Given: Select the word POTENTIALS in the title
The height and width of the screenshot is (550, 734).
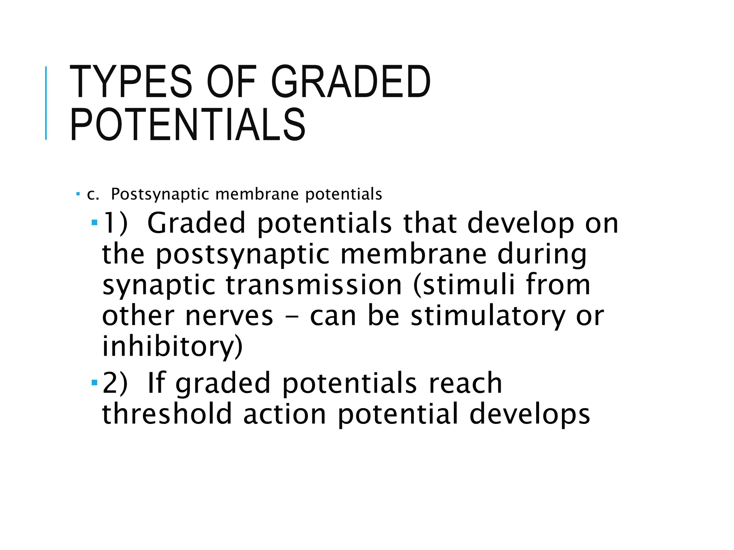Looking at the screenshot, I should (x=188, y=125).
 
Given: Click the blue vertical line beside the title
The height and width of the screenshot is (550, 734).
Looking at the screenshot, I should (x=46, y=103).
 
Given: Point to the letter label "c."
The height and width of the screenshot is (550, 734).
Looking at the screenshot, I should (x=93, y=194).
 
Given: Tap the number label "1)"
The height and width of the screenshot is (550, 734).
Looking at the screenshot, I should (x=115, y=223).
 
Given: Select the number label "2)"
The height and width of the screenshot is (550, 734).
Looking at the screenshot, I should (x=115, y=383).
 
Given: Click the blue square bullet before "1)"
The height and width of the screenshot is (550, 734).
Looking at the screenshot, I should (x=95, y=223).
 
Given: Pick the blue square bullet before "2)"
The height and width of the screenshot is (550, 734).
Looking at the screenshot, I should (x=95, y=383).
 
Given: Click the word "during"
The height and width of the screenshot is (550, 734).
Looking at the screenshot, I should (x=542, y=254).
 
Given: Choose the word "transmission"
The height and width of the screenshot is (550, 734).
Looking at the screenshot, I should (x=314, y=285).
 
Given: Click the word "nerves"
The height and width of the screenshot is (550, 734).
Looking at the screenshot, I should (x=229, y=316).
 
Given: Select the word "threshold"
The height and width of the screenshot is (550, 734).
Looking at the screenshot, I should (x=167, y=414).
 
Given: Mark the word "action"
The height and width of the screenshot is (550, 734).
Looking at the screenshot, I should (x=285, y=414).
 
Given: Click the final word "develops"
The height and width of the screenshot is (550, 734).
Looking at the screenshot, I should (x=530, y=414).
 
